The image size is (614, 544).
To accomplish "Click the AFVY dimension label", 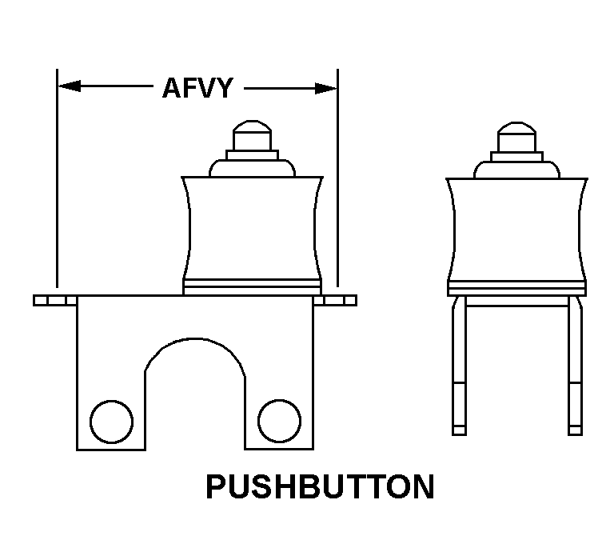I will coord(197,87).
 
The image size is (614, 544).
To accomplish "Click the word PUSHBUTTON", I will coord(320,487).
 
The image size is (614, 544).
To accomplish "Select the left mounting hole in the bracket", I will coord(111,419).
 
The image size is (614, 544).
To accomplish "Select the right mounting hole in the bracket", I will coord(279,419).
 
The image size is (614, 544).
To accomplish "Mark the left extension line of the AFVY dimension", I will coord(58,184).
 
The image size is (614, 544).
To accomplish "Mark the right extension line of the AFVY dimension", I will coord(337,184).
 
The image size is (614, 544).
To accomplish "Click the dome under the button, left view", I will coord(252,167).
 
